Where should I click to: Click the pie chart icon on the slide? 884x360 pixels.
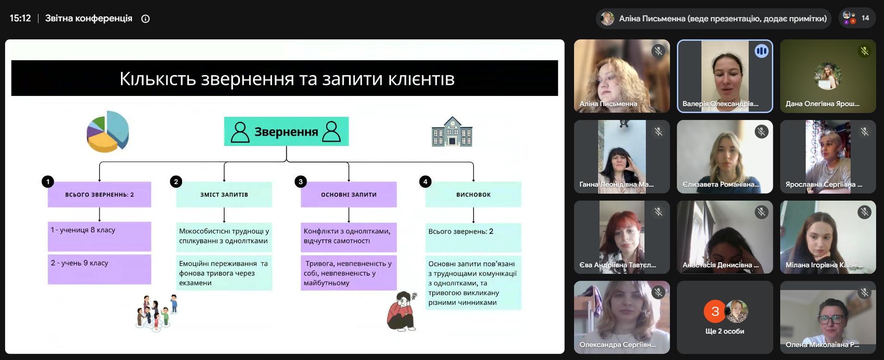tap(108, 132)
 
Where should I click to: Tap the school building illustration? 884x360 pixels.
tap(452, 132)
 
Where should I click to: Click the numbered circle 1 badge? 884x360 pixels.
tap(48, 182)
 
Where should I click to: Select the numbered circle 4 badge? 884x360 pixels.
tap(425, 182)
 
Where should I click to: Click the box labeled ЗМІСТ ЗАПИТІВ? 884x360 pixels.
tap(224, 195)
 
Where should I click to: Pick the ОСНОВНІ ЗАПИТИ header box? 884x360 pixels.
tap(349, 195)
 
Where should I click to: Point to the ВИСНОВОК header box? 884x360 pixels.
tap(474, 195)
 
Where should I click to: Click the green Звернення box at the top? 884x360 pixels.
tap(286, 132)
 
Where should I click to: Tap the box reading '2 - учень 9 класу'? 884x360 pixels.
tap(99, 269)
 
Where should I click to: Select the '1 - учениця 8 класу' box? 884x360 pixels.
tap(99, 236)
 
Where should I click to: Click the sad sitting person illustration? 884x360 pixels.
tap(402, 311)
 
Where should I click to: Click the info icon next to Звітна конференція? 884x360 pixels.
tap(145, 19)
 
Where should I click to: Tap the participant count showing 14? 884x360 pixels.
tap(857, 18)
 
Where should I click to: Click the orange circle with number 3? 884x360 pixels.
tap(715, 311)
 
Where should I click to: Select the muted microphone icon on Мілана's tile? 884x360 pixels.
tap(865, 212)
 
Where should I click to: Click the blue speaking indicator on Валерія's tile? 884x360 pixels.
tap(762, 51)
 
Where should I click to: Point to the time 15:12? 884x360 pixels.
tap(20, 19)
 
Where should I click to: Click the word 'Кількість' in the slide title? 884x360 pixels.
tap(158, 79)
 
